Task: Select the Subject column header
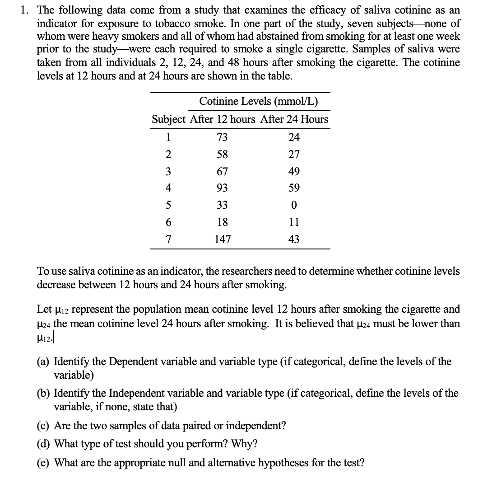[x=168, y=120]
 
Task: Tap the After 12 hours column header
[x=222, y=120]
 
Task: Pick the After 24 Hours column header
[x=294, y=120]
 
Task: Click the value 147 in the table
[x=222, y=239]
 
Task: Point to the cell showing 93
[x=222, y=188]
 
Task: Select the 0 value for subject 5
[x=294, y=205]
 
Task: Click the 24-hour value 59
[x=294, y=188]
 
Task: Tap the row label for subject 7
[x=168, y=239]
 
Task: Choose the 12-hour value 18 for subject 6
[x=222, y=222]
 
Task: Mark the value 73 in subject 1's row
[x=222, y=137]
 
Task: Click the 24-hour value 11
[x=294, y=222]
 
